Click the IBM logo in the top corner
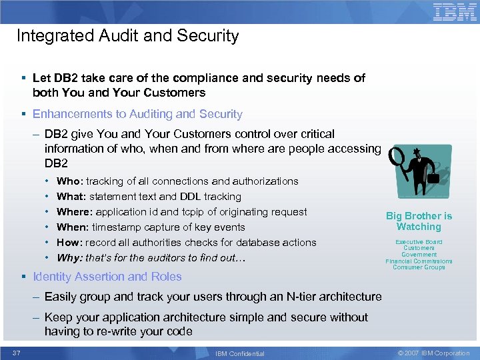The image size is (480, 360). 455,12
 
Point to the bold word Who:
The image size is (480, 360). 70,181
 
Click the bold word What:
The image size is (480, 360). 72,197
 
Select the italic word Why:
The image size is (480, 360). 70,258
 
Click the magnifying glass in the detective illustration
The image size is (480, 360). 398,159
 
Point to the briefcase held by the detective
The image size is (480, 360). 434,177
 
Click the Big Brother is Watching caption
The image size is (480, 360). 419,221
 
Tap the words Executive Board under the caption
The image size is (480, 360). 419,242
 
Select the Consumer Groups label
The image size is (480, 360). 419,267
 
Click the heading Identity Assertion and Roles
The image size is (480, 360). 107,277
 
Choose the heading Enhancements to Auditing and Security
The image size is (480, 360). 137,114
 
